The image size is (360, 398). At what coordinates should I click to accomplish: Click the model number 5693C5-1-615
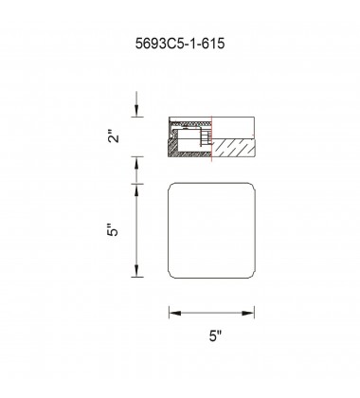pyautogui.click(x=180, y=44)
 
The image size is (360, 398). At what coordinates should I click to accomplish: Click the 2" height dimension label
pyautogui.click(x=114, y=136)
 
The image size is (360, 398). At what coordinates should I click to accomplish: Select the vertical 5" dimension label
pyautogui.click(x=114, y=230)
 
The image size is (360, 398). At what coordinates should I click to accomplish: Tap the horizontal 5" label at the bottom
pyautogui.click(x=215, y=335)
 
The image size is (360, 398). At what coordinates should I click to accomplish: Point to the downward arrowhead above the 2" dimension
pyautogui.click(x=136, y=110)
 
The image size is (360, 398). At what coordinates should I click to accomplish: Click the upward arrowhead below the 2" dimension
pyautogui.click(x=136, y=163)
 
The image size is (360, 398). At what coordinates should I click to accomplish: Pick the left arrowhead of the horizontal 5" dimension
pyautogui.click(x=175, y=313)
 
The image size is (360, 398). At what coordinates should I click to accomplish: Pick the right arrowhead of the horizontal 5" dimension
pyautogui.click(x=248, y=313)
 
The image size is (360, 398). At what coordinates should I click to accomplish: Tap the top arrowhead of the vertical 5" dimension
pyautogui.click(x=136, y=190)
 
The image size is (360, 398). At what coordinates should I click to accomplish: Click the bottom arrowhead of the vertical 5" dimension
pyautogui.click(x=136, y=271)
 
